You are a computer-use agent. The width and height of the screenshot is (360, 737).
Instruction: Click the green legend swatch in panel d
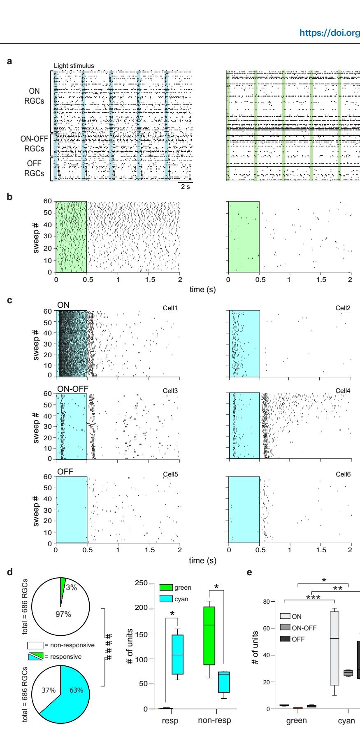click(x=167, y=588)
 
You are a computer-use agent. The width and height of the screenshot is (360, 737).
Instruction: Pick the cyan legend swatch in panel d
click(x=167, y=599)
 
